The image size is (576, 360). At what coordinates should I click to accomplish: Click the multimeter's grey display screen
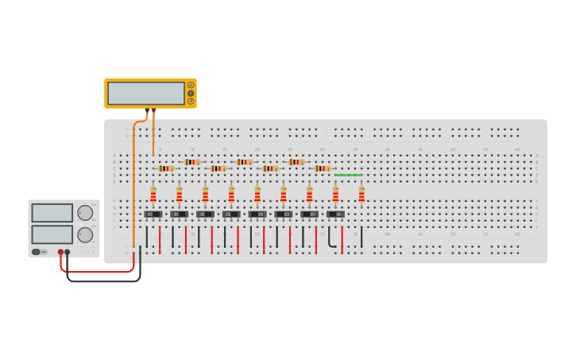pos(145,93)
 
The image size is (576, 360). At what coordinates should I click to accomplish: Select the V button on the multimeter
pos(191,93)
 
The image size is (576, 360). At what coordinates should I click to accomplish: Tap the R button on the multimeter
pos(191,101)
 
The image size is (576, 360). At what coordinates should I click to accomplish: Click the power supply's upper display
pos(52,212)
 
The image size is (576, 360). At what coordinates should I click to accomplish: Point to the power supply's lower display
pos(52,234)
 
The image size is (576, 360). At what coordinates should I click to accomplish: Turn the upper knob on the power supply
pos(84,213)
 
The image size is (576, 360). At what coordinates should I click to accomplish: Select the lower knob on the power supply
pos(84,234)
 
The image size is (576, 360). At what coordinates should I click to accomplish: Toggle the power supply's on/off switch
pos(37,252)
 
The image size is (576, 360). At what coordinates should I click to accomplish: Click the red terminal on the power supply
pos(60,252)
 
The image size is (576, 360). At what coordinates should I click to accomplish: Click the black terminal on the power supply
pos(68,252)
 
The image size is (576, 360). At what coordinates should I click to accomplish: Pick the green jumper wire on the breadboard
pos(348,175)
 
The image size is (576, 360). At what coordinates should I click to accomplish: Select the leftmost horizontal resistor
pos(166,168)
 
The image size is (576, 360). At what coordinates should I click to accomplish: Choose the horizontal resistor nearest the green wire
pos(322,168)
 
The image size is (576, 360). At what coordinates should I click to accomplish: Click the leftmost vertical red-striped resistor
pos(153,194)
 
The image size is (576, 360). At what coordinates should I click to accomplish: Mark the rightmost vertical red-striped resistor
pos(361,194)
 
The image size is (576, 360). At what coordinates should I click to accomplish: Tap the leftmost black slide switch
pos(153,214)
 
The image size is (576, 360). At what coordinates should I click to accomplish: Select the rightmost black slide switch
pos(335,214)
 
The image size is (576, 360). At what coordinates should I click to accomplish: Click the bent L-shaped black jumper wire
pos(331,241)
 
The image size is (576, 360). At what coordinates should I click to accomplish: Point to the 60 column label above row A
pos(517,149)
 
